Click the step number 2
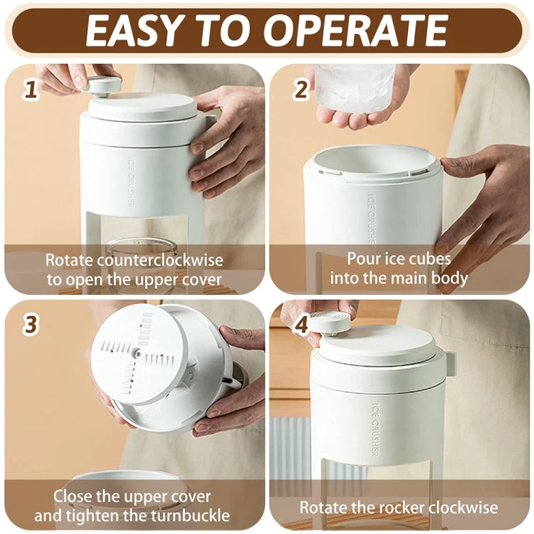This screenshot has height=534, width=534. tap(301, 90)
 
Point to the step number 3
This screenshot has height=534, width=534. tap(30, 325)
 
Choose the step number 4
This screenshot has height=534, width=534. tap(301, 325)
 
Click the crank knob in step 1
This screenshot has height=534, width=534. tap(103, 85)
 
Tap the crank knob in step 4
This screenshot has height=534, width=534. tap(329, 323)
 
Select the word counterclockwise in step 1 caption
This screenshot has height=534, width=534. tap(169, 260)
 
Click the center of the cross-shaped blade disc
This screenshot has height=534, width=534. tap(137, 353)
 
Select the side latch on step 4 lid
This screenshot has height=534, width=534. tap(449, 362)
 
